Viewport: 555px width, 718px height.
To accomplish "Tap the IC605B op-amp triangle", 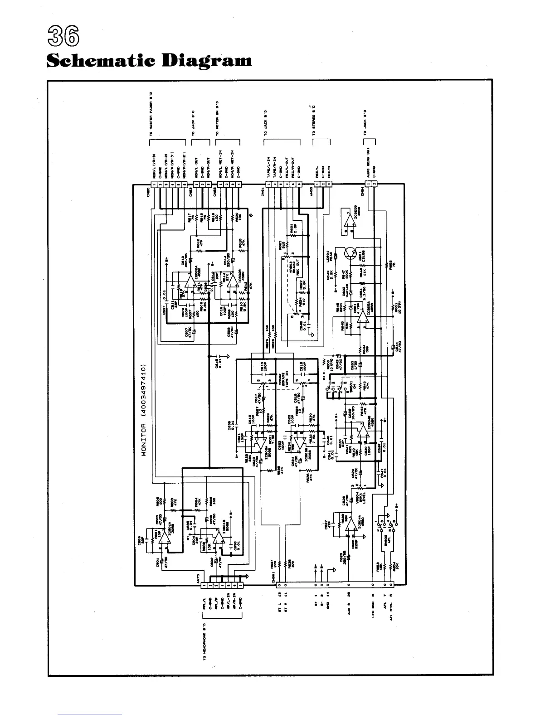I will click(x=349, y=220).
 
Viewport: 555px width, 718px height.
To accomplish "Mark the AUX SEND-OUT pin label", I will click(x=368, y=164).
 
